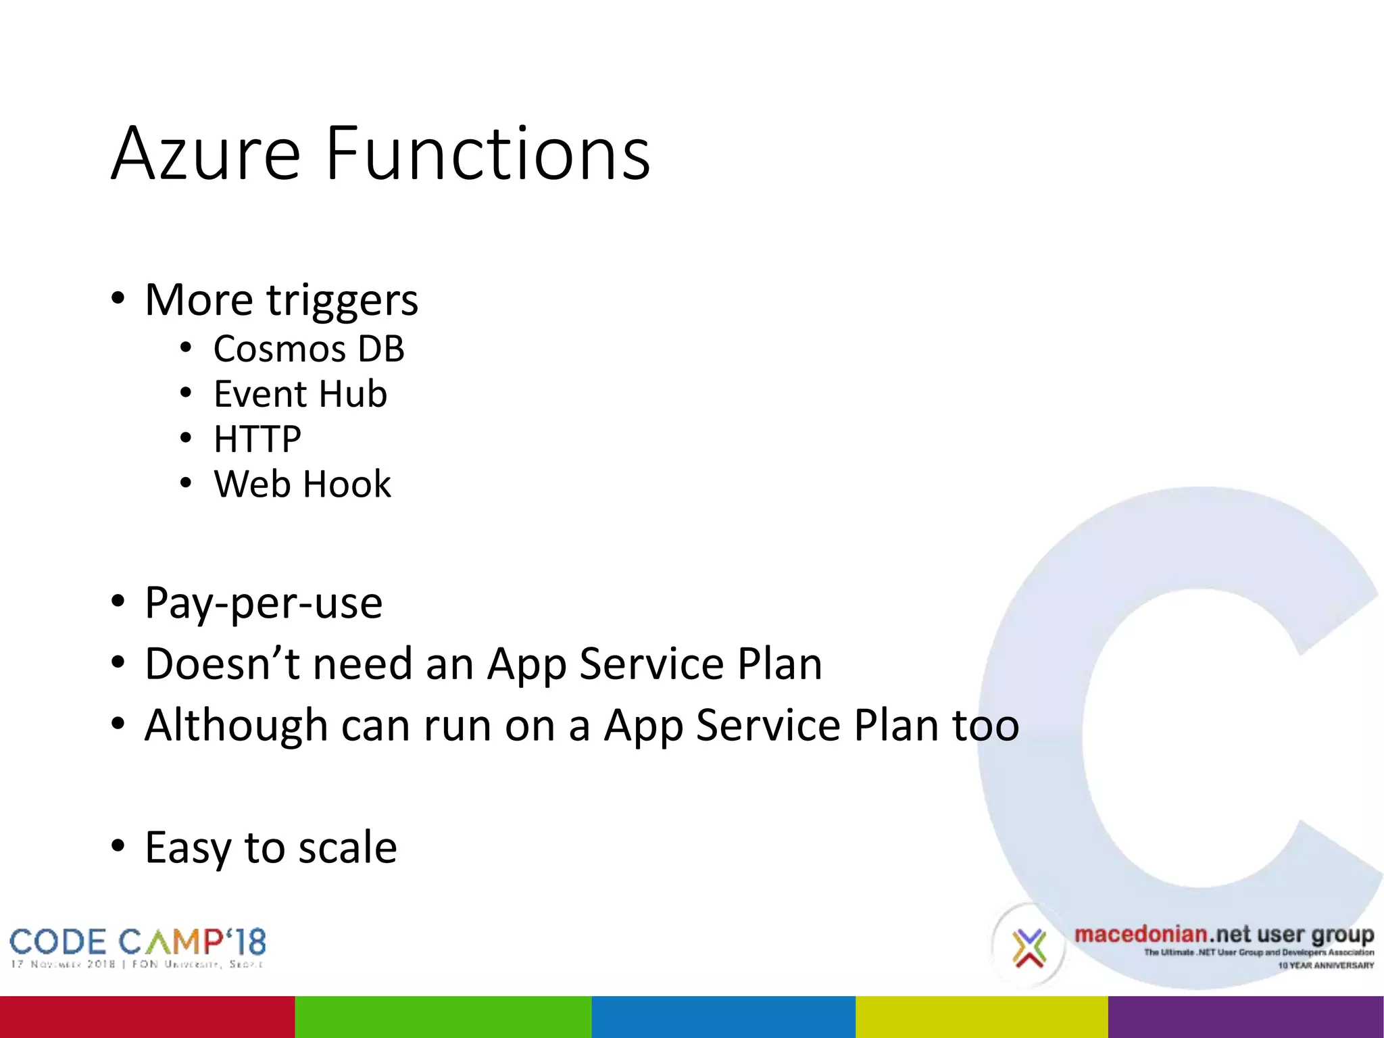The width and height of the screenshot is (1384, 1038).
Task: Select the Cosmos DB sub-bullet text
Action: coord(309,349)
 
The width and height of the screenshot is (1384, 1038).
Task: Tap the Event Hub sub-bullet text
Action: coord(300,394)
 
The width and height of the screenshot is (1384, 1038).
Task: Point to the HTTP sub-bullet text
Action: coord(257,439)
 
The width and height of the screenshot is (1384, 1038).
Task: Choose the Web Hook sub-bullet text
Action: coord(302,485)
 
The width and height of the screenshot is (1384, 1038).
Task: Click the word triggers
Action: coord(342,301)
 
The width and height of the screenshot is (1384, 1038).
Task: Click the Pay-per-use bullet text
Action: coord(264,603)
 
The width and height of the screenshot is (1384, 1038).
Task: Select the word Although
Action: coord(237,725)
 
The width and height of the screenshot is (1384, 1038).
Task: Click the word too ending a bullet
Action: coord(985,725)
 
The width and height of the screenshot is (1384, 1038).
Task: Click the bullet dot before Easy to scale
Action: coord(118,845)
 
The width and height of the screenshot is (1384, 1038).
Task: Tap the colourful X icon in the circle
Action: coord(1029,947)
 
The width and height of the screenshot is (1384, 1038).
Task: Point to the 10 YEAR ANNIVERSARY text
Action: coord(1325,965)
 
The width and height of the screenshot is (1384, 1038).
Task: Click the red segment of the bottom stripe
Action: coord(147,1016)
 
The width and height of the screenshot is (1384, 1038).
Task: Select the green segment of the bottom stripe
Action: coord(443,1016)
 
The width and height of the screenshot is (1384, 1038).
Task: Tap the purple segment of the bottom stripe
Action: coord(1245,1016)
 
